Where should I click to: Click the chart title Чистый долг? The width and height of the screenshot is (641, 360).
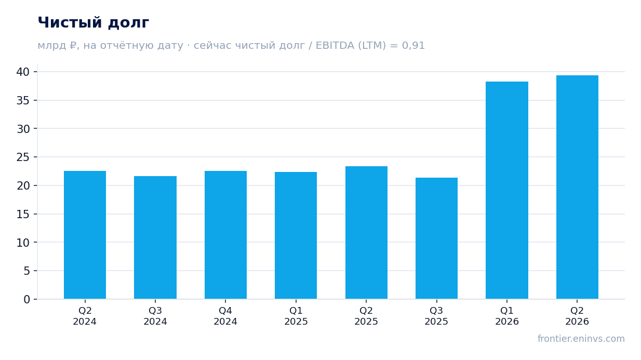point(94,23)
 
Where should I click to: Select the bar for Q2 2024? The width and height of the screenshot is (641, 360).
point(85,235)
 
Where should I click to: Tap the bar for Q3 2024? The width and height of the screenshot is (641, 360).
point(155,237)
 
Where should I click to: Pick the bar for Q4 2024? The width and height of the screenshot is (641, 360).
point(226,235)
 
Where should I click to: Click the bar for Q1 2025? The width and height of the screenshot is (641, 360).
point(296,235)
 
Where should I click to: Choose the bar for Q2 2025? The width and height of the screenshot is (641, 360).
point(367,233)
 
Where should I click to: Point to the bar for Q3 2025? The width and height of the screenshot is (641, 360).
point(437,238)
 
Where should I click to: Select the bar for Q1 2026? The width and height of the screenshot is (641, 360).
point(507,190)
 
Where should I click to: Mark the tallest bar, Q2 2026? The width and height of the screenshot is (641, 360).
point(577,187)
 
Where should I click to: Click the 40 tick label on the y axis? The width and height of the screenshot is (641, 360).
point(23,72)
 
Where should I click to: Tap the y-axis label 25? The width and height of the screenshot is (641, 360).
point(23,157)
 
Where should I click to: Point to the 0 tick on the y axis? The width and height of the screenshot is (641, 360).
point(26,300)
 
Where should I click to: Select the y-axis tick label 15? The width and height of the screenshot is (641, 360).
point(23,214)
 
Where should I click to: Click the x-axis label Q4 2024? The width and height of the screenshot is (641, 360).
point(225,316)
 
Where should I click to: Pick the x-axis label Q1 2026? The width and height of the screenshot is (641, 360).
point(507,316)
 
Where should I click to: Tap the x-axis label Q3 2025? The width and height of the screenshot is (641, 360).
point(436,316)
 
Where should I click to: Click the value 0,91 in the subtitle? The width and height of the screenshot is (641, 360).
point(413,46)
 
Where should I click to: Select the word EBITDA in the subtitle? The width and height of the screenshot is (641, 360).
point(335,46)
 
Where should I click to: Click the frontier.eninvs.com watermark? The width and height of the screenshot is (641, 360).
point(581,339)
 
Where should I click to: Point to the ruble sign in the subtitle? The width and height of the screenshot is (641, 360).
point(73,46)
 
